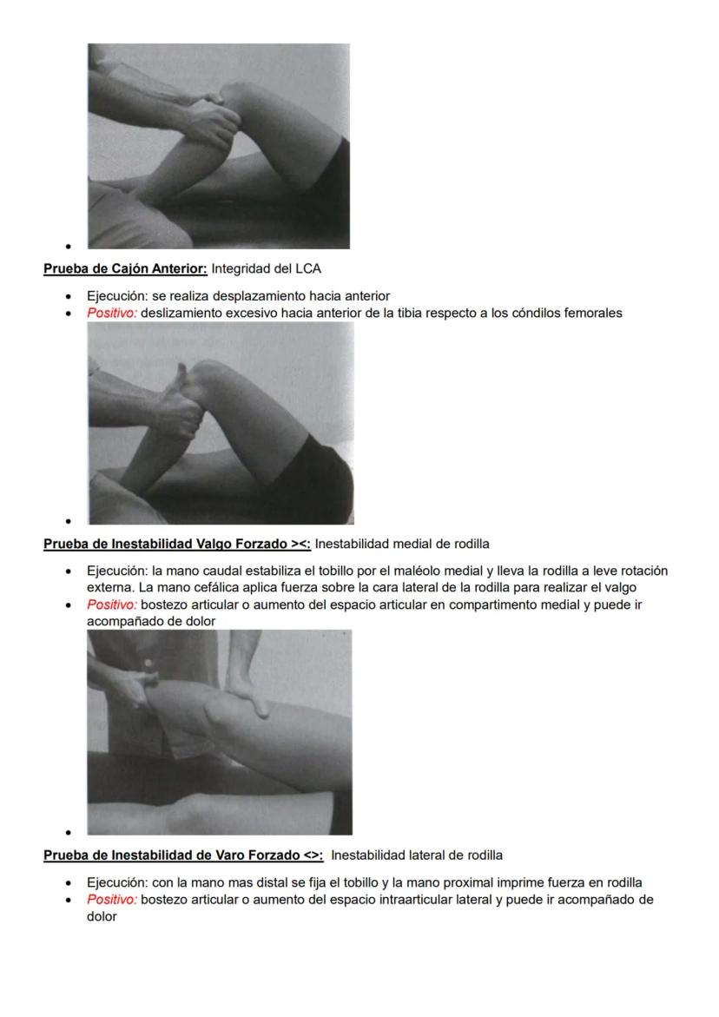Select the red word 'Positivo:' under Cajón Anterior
point(112,313)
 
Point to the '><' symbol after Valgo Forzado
point(300,545)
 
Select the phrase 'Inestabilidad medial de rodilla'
point(402,545)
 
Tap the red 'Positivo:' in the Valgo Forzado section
point(112,604)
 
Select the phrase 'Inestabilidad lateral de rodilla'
point(417,855)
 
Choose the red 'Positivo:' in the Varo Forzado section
point(112,899)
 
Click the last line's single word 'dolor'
point(102,915)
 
